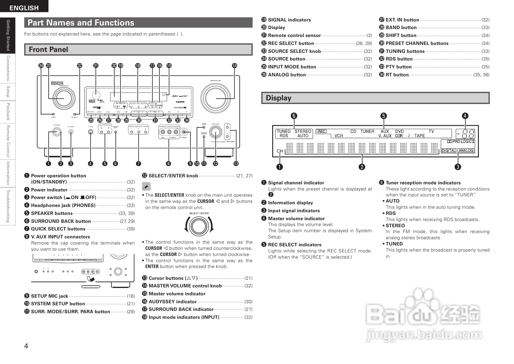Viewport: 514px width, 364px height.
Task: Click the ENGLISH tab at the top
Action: [x=24, y=8]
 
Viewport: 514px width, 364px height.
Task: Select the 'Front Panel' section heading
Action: [x=48, y=50]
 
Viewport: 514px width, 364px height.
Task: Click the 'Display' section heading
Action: [x=278, y=98]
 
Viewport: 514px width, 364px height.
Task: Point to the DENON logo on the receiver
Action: [x=57, y=83]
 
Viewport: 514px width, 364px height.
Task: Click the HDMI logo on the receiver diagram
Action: [x=180, y=102]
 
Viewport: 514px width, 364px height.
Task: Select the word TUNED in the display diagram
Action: [x=283, y=131]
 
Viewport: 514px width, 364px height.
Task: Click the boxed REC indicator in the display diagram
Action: [x=321, y=131]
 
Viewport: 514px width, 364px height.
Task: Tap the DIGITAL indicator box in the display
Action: [x=449, y=151]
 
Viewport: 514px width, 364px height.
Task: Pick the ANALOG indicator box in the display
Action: [x=466, y=151]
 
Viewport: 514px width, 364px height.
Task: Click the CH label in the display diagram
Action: [x=280, y=151]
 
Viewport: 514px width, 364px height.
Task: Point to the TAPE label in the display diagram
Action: [x=419, y=136]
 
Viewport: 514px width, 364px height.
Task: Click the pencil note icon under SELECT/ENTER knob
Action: [x=146, y=186]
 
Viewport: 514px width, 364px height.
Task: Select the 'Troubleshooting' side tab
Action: [x=8, y=206]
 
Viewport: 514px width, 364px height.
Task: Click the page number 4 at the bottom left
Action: [x=26, y=346]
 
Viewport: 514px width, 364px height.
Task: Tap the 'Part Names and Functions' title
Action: [x=81, y=23]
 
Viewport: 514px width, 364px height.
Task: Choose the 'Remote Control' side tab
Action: [x=8, y=141]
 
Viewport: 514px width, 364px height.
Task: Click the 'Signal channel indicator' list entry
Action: [x=296, y=183]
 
